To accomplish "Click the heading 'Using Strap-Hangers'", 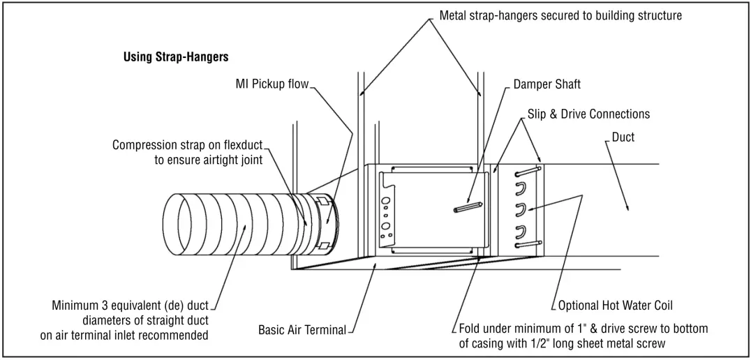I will point(175,57).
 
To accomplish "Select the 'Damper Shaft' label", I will point(546,84).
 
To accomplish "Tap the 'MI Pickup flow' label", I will point(272,84).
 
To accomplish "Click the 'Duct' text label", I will point(623,137).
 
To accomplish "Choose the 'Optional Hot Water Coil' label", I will point(616,306).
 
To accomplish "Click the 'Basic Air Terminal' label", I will point(302,329).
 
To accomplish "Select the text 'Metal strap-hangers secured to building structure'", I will point(560,15).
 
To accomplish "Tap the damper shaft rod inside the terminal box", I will point(468,207).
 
